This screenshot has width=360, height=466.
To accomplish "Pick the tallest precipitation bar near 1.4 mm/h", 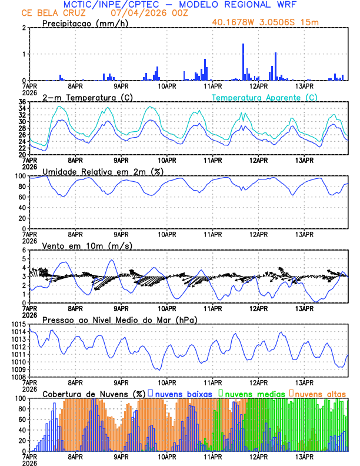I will pyautogui.click(x=243, y=62).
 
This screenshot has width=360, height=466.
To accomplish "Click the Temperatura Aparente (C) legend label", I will pyautogui.click(x=265, y=97).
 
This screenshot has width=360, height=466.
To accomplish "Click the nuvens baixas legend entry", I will pyautogui.click(x=183, y=393).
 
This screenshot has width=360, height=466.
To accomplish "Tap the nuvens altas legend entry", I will pyautogui.click(x=319, y=393).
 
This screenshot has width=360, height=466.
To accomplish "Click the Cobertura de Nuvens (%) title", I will pyautogui.click(x=94, y=393).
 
